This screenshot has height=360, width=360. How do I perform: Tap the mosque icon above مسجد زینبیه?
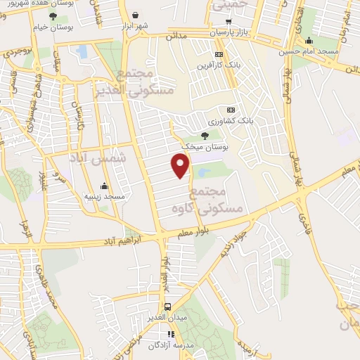pos(104,186)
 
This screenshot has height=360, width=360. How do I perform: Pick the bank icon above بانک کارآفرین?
pos(219,54)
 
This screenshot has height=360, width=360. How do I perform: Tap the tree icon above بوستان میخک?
pos(205,135)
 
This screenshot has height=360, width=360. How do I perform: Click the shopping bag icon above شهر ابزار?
pos(134,13)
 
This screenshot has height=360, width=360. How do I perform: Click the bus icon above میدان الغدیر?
pos(168,307)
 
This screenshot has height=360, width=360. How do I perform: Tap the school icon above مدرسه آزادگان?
pos(169,334)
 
